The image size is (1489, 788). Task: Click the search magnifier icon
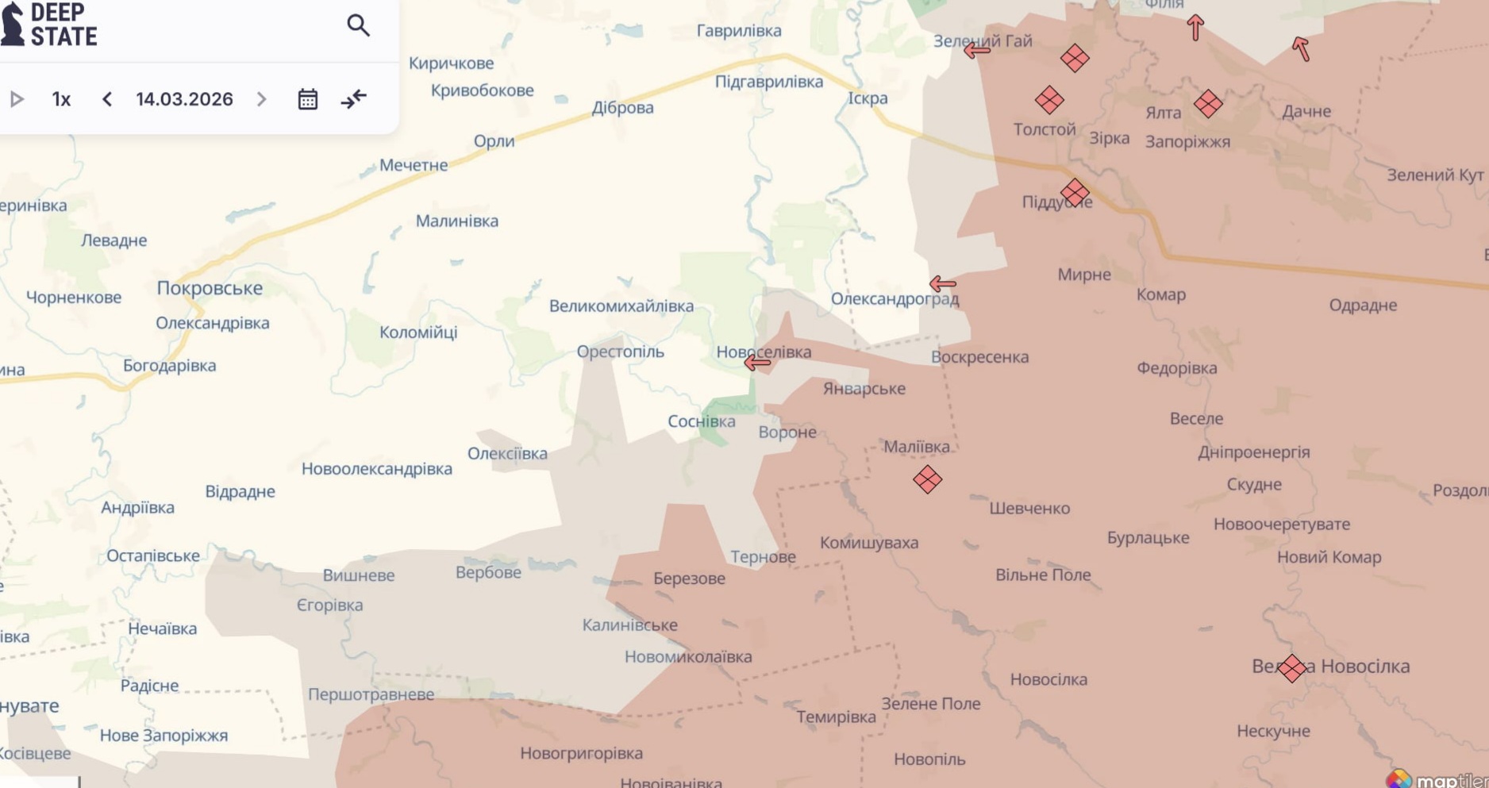click(358, 25)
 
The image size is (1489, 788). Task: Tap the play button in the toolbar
click(17, 99)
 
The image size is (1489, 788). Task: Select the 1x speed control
click(61, 99)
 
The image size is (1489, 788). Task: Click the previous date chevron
click(107, 99)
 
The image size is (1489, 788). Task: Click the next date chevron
click(261, 99)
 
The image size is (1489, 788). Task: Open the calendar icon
click(308, 99)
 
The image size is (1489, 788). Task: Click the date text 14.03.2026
click(184, 99)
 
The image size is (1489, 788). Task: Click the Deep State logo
click(49, 25)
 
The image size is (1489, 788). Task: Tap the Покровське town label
click(210, 288)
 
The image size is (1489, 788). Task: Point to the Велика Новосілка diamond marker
click(1291, 668)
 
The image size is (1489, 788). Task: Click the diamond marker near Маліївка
click(927, 479)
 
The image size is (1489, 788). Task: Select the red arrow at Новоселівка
click(757, 363)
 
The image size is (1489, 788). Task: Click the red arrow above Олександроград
click(942, 283)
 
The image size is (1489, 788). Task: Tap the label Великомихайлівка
click(621, 306)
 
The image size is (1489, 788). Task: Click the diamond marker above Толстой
click(1049, 100)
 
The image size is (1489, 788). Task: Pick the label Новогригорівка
click(581, 753)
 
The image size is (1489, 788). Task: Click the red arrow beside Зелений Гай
click(976, 51)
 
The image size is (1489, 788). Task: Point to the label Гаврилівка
click(738, 31)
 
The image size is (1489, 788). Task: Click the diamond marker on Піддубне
click(1075, 193)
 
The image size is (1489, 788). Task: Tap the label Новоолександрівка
click(376, 469)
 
